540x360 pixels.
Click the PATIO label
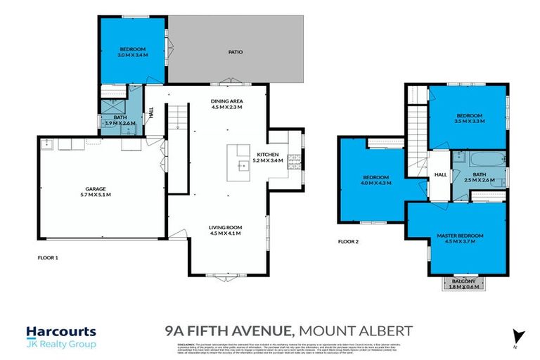[x=236, y=51]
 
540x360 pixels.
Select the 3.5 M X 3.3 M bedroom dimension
[x=470, y=122]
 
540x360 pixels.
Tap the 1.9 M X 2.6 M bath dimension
[x=120, y=122]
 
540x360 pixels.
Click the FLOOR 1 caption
[x=48, y=258]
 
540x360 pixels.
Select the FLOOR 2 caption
[x=348, y=241]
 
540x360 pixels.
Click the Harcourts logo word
[x=60, y=331]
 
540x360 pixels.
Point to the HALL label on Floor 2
[x=441, y=174]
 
